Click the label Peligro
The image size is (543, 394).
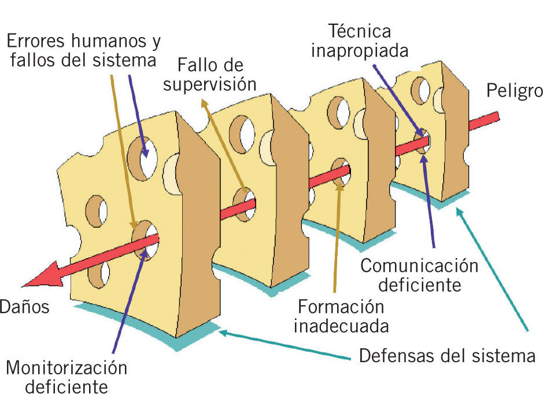[x=514, y=91]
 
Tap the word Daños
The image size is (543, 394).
[x=24, y=307]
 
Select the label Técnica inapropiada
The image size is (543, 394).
[x=359, y=40]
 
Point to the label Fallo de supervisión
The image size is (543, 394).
[x=209, y=74]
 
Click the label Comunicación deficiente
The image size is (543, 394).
[x=419, y=275]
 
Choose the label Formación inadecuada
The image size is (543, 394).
[x=341, y=316]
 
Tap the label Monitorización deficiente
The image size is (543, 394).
[x=66, y=377]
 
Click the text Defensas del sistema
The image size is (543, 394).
[x=447, y=355]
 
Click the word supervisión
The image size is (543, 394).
[x=209, y=84]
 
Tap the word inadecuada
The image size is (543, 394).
[x=341, y=326]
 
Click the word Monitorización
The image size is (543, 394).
[x=66, y=367]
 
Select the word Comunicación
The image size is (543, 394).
[x=419, y=266]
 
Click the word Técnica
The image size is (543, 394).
[x=359, y=30]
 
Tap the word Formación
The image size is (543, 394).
[x=341, y=306]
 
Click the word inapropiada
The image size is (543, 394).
[x=359, y=50]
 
